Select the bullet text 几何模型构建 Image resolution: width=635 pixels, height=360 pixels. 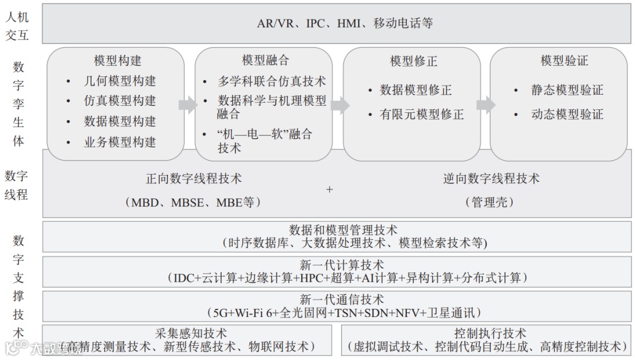(120, 81)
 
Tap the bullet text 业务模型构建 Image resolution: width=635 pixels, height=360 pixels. (120, 142)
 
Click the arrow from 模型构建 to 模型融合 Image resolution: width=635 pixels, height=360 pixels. (188, 105)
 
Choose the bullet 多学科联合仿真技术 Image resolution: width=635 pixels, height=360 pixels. (272, 82)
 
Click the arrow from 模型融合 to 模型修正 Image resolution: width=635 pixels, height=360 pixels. (339, 105)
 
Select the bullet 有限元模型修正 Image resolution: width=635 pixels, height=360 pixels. (422, 114)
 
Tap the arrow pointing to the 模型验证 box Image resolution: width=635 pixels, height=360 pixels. (486, 105)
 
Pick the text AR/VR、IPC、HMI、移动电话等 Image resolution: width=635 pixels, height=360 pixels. (345, 24)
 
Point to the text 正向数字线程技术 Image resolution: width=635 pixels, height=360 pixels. (193, 178)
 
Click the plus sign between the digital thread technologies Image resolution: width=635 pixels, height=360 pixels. (329, 189)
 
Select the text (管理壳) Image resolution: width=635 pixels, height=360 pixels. (490, 202)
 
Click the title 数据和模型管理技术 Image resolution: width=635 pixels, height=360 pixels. (343, 230)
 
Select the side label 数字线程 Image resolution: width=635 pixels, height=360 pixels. (17, 185)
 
